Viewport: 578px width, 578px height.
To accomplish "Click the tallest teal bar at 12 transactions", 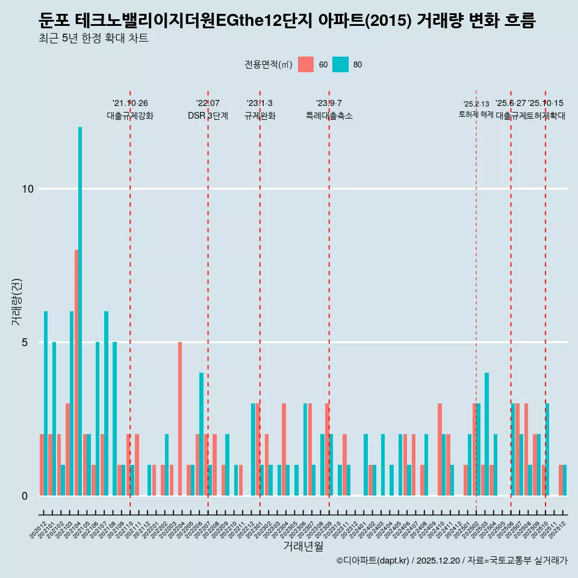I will click(80, 311).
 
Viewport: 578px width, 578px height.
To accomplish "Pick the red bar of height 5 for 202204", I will click(180, 418).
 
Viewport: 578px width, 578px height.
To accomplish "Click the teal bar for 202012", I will click(46, 403).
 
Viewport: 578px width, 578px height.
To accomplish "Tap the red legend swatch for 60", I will click(306, 64).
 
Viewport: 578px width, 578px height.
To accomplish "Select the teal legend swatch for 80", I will click(341, 64).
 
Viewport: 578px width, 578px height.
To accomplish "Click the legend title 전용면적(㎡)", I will click(269, 64).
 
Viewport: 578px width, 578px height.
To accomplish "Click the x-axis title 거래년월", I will click(303, 547).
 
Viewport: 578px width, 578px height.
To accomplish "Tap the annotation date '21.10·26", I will click(130, 103).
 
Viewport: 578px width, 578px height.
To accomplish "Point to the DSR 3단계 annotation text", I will click(208, 116).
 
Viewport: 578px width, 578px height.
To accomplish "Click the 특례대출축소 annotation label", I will click(329, 116).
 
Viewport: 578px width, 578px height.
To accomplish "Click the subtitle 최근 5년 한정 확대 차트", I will click(93, 39).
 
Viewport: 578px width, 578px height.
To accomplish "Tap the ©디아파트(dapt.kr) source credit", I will click(373, 561).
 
